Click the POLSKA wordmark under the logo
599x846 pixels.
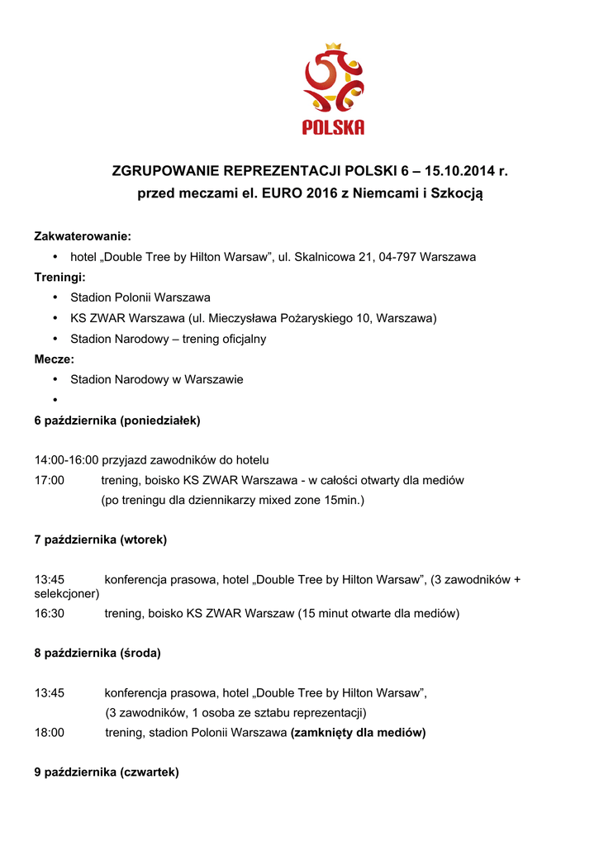click(333, 128)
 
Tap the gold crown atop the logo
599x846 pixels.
click(334, 47)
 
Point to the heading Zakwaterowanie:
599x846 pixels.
click(83, 236)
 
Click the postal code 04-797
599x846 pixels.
click(397, 257)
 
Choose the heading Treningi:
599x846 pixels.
click(60, 277)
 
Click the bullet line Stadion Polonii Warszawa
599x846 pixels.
click(140, 297)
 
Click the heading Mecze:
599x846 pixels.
click(54, 359)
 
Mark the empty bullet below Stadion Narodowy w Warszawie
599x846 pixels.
click(55, 400)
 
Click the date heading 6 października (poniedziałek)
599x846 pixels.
click(117, 421)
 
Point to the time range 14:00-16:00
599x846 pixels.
click(66, 459)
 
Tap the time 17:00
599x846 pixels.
click(49, 480)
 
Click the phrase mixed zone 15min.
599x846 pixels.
click(321, 500)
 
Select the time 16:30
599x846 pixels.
click(49, 613)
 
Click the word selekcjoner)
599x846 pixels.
click(67, 593)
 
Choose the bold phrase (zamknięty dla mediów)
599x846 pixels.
click(358, 733)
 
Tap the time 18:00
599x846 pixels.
click(49, 733)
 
